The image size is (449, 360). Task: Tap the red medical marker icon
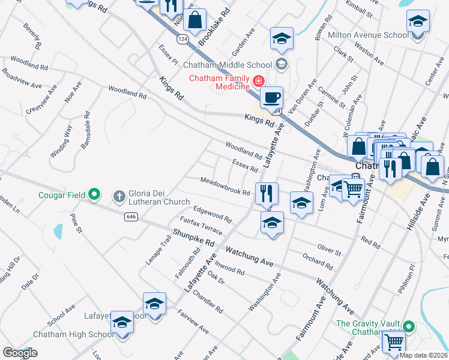pos(258,80)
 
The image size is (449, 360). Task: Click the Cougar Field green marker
pos(94,194)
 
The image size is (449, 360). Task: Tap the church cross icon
pos(119,195)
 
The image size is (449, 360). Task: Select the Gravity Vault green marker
pos(409,327)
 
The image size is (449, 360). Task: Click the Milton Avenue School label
pos(368,35)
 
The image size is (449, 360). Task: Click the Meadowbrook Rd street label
pos(225,185)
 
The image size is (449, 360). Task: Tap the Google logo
pos(20,353)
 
